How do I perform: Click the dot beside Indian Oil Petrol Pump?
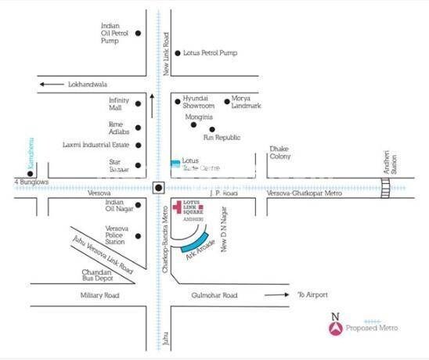tap(138, 34)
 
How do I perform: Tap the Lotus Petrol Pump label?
tap(210, 53)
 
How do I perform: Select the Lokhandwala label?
tap(88, 84)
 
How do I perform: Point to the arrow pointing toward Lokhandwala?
tap(51, 84)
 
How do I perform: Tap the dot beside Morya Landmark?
tap(226, 100)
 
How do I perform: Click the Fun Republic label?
tap(220, 138)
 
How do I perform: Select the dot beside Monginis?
tap(193, 124)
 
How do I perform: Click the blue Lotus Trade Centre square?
tap(175, 164)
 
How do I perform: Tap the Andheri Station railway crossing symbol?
tap(385, 187)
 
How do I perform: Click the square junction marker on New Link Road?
tap(158, 187)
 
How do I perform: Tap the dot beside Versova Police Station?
tap(138, 232)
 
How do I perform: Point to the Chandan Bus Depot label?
tap(99, 275)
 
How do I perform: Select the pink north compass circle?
tap(336, 329)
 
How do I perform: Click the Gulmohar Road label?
tap(214, 295)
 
